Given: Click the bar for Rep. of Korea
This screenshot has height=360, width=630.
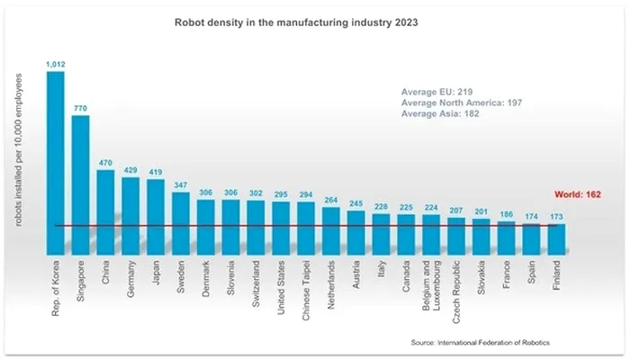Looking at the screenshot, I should pyautogui.click(x=55, y=162).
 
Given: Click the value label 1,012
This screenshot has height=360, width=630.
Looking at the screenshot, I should pyautogui.click(x=55, y=64).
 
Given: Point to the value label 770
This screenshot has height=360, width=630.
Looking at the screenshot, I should pyautogui.click(x=80, y=108).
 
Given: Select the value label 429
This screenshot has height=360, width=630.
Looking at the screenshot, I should pyautogui.click(x=130, y=170).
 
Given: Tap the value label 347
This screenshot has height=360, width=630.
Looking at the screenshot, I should pyautogui.click(x=180, y=185).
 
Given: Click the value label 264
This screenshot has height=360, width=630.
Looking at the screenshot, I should pyautogui.click(x=330, y=201).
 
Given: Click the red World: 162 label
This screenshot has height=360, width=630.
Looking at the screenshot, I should pyautogui.click(x=575, y=194).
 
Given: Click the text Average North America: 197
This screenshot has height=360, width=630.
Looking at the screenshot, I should pyautogui.click(x=461, y=103).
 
